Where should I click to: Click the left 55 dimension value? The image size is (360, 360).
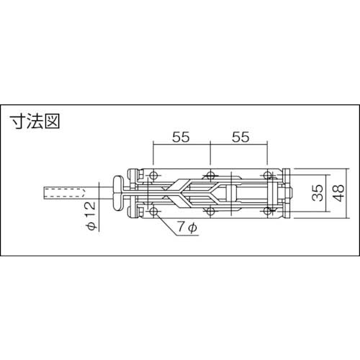tap(181, 136)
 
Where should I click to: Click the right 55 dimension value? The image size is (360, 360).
tap(239, 136)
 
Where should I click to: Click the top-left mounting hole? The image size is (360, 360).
tap(154, 175)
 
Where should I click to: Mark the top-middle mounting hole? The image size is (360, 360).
tap(210, 175)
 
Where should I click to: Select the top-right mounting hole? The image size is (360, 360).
tap(268, 175)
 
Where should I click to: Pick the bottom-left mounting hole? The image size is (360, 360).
tap(154, 210)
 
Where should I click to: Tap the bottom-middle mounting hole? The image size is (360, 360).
tap(210, 210)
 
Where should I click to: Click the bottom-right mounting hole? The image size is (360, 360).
tap(268, 210)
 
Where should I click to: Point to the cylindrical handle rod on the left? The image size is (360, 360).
tap(65, 193)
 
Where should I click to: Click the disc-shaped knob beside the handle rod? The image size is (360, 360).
tap(117, 192)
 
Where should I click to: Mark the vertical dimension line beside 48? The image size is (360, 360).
tap(328, 192)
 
